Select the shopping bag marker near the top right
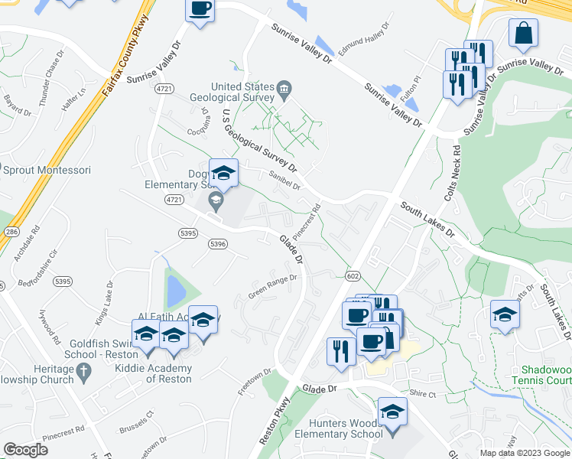[x=523, y=34]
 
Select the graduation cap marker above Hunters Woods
[x=392, y=412]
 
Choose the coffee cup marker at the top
[x=200, y=10]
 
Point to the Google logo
[x=26, y=450]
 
